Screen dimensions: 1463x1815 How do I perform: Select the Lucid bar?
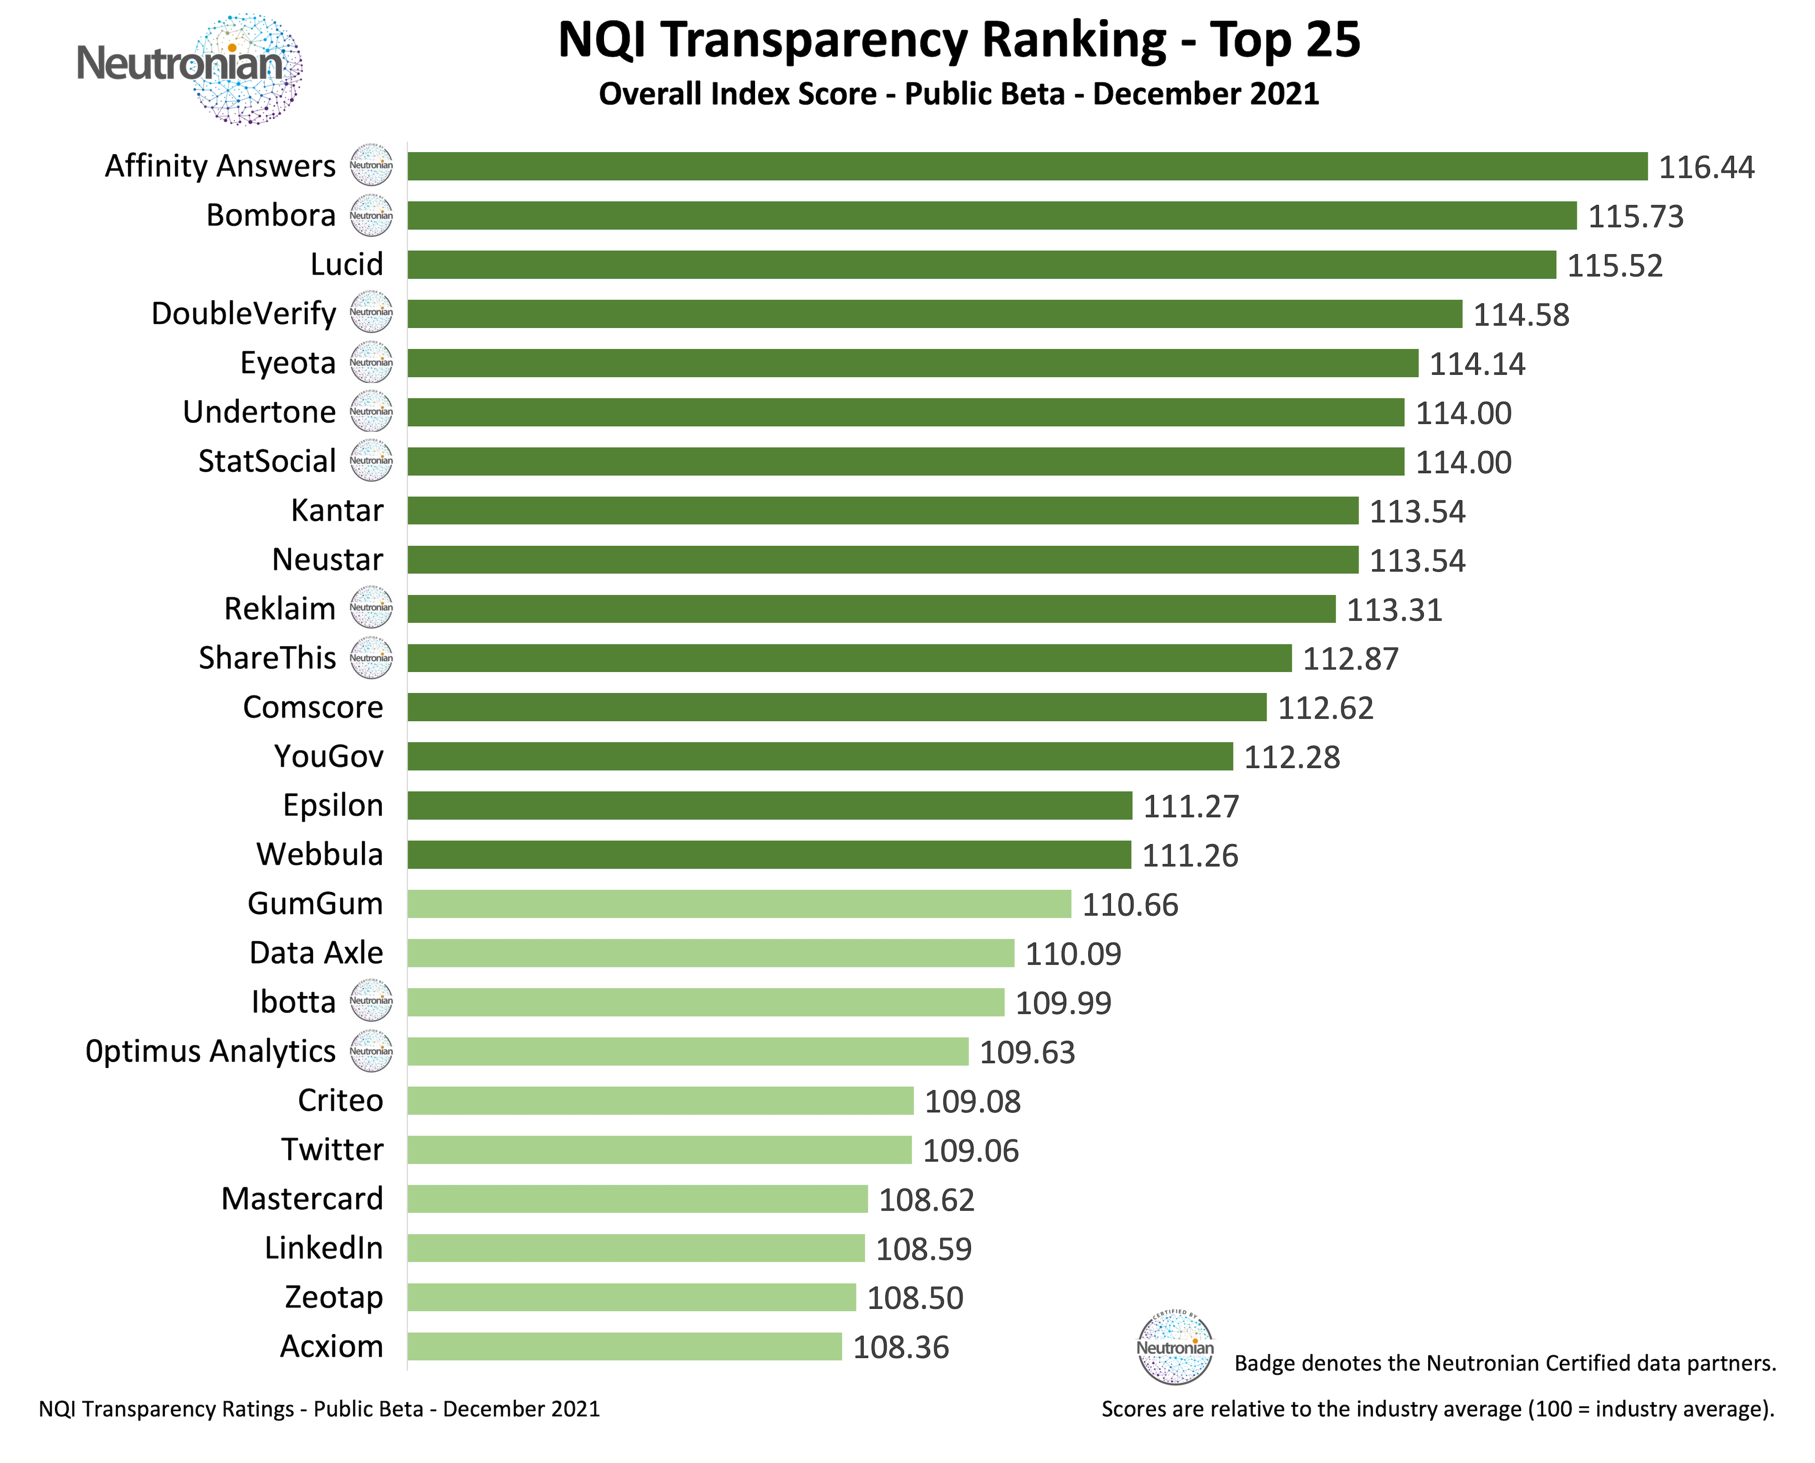[981, 264]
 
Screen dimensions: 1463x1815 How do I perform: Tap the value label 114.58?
[1521, 315]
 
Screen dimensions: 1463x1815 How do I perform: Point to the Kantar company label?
[336, 511]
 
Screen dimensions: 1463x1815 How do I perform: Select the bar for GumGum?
[739, 904]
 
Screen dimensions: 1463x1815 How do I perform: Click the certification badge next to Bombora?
[371, 216]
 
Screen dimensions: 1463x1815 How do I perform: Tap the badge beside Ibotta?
[371, 1001]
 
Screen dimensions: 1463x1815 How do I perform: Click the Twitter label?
[332, 1149]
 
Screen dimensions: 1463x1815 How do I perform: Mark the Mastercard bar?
[637, 1199]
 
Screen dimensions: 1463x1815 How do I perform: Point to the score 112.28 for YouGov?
[1292, 757]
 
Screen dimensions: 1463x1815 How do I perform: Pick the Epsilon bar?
[769, 806]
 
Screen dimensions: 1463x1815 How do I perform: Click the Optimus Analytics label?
[211, 1051]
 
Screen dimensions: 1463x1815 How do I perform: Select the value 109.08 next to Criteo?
[972, 1102]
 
